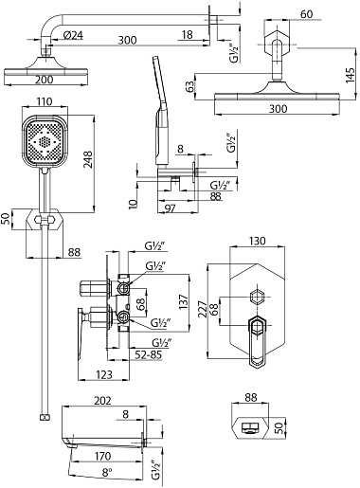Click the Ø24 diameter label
73,35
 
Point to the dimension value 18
188,35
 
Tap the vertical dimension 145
350,75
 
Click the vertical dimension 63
189,87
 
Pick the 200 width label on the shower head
44,80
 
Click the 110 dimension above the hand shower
44,102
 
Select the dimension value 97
171,208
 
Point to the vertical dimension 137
183,301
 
